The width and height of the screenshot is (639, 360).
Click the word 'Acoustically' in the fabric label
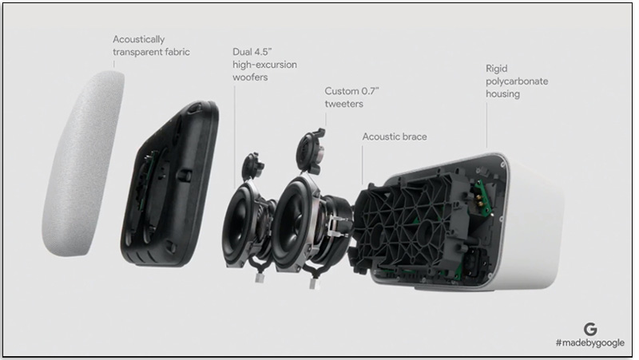pos(138,39)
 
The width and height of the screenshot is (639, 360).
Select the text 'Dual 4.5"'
pos(252,52)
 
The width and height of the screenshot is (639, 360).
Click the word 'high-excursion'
pos(264,65)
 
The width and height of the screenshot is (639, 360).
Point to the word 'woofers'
pos(250,77)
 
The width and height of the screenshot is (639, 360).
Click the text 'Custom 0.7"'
pos(351,91)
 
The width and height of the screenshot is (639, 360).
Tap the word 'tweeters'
pos(344,104)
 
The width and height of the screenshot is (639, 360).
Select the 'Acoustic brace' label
pos(395,136)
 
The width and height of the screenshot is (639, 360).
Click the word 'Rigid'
pos(496,69)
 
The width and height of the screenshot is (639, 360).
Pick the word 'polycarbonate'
pos(517,81)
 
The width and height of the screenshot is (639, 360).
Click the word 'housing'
pos(502,94)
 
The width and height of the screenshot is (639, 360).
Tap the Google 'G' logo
pos(590,329)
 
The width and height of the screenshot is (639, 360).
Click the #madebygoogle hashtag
pos(590,343)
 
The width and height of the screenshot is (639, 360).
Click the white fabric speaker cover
pos(83,163)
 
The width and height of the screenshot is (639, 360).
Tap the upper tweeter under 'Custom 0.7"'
pos(312,152)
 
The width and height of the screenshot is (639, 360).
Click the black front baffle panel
pos(170,184)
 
